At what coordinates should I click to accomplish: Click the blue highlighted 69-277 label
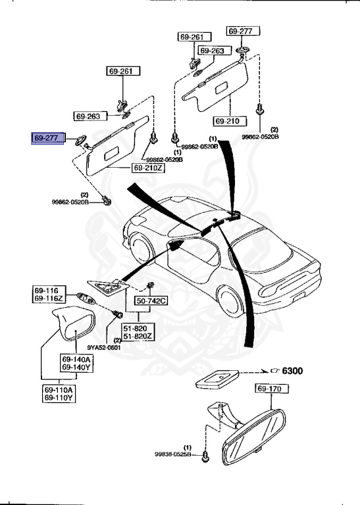point(47,138)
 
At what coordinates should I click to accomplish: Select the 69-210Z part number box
point(149,168)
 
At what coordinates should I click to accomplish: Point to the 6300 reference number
point(292,371)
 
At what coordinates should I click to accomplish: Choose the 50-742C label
point(152,301)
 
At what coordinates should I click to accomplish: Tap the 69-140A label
point(76,359)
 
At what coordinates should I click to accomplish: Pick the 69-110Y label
point(59,398)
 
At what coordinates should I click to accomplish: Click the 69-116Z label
point(49,299)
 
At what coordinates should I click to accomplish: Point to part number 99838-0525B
point(173,454)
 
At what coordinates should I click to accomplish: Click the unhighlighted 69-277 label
point(244,31)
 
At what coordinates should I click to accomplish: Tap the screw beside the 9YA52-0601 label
point(118,316)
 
